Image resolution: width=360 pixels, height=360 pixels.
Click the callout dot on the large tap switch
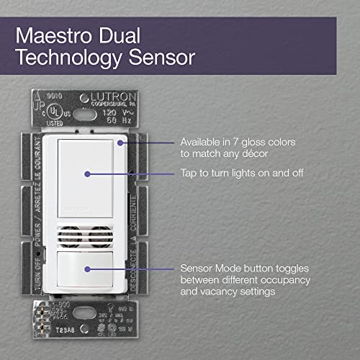pos(86,174)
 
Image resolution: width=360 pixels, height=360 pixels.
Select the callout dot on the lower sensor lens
pos(86,269)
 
